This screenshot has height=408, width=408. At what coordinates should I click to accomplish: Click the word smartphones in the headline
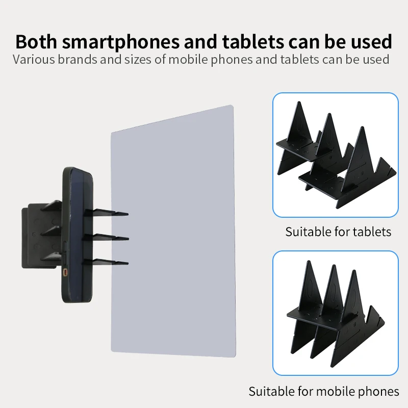[x=121, y=42]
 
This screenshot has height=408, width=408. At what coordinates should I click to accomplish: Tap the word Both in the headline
[x=36, y=41]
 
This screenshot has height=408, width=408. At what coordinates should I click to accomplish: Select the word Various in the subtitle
[x=34, y=60]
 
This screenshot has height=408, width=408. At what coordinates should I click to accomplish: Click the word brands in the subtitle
[x=78, y=60]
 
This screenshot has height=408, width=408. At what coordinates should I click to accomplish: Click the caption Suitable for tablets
[x=338, y=232]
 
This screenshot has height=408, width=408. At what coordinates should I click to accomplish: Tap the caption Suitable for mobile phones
[x=324, y=391]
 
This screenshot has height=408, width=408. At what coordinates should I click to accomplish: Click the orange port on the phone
[x=65, y=272]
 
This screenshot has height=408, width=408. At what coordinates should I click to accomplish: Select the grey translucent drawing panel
[x=173, y=231]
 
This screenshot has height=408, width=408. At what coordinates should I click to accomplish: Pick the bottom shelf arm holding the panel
[x=106, y=262]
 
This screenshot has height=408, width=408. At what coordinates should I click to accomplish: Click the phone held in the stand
[x=78, y=235]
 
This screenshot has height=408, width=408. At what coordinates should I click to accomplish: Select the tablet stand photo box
[x=336, y=155]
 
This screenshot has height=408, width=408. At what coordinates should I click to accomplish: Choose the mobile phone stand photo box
[x=336, y=313]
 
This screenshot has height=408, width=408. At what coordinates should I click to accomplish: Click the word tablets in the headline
[x=252, y=42]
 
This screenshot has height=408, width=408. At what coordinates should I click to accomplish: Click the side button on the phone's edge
[x=65, y=250]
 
